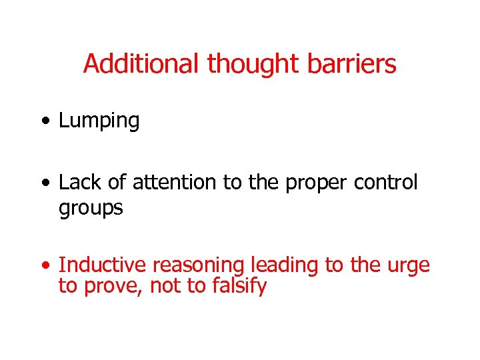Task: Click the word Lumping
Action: click(x=99, y=121)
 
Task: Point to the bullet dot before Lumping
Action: click(x=45, y=121)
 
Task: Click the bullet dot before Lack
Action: click(x=45, y=182)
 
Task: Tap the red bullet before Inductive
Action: click(x=45, y=265)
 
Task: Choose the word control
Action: click(x=385, y=182)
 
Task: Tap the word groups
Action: click(x=91, y=209)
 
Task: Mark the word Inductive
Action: click(x=102, y=265)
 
